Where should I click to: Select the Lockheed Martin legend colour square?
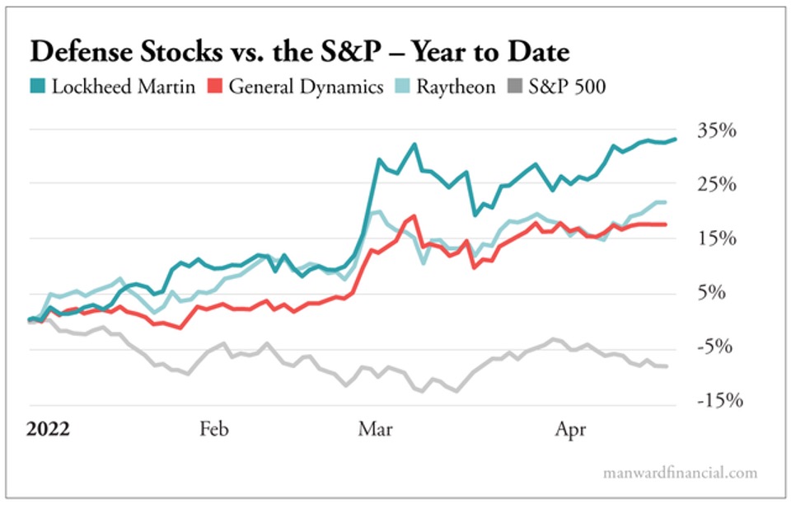point(38,86)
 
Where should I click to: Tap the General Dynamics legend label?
point(306,87)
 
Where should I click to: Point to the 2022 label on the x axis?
point(48,429)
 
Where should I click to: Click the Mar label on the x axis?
point(377,429)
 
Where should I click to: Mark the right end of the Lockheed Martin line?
point(676,139)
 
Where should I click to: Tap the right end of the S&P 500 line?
point(666,366)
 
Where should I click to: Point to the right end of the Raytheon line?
point(666,202)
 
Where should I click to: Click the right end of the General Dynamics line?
point(666,224)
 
